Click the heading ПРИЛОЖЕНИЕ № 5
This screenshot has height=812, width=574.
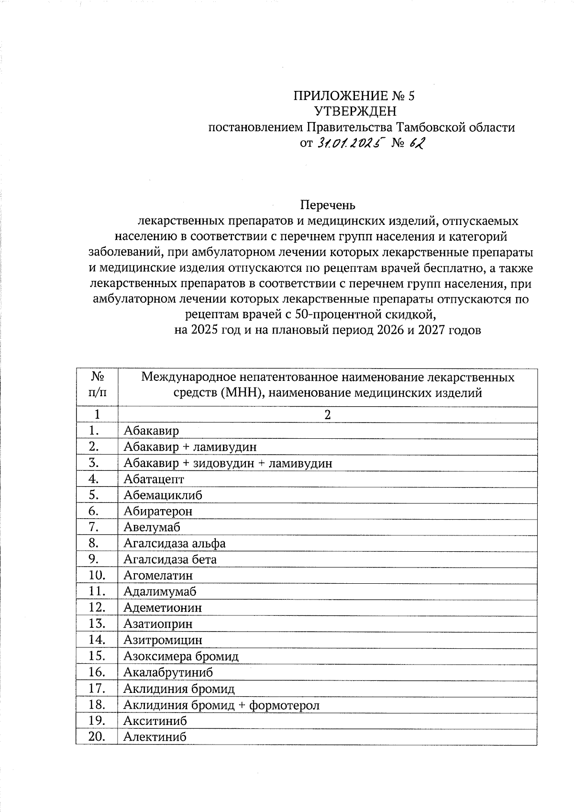point(354,96)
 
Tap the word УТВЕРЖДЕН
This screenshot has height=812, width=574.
point(355,111)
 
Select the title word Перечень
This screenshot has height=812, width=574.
point(328,205)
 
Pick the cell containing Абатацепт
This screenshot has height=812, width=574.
point(154,479)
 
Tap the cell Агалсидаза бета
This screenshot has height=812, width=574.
point(170,559)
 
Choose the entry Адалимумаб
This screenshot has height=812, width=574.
point(160,591)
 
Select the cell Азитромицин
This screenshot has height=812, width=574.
point(163,640)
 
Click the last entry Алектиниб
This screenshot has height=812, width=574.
point(155,737)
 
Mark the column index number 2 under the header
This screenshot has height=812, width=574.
point(327,415)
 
